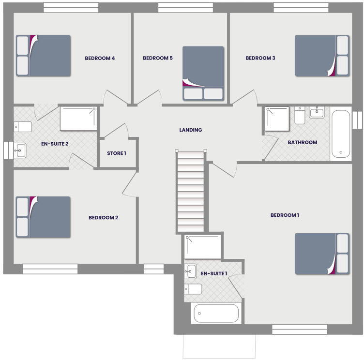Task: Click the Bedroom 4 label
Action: (x=100, y=58)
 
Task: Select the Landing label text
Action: (x=191, y=130)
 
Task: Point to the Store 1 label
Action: (x=117, y=153)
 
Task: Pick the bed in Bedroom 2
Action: (x=43, y=217)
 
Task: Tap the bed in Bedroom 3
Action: (x=322, y=56)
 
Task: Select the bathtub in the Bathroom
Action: (x=340, y=135)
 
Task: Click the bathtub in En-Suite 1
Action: (x=216, y=313)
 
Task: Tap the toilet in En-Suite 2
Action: (x=23, y=127)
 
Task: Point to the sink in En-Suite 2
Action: (x=20, y=150)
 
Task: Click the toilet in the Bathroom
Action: (x=300, y=115)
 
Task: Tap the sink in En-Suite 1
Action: (x=190, y=271)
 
